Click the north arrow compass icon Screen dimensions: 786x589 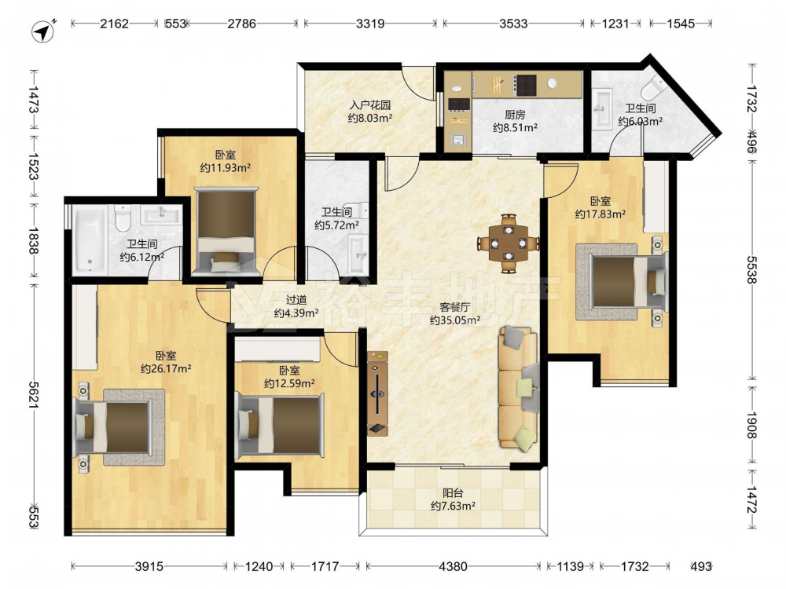click(43, 31)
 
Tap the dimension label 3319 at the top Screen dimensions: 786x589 click(370, 24)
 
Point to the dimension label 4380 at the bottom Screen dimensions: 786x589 click(453, 566)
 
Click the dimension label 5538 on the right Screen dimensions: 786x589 click(752, 269)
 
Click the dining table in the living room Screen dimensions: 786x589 click(509, 244)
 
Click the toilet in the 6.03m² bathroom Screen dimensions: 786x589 click(652, 88)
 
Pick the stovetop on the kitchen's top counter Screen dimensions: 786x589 click(526, 85)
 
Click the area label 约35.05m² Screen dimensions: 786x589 click(454, 320)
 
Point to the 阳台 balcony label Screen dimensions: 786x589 click(453, 493)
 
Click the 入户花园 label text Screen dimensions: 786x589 click(370, 105)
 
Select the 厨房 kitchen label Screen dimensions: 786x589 click(515, 115)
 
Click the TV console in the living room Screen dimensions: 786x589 click(377, 393)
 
